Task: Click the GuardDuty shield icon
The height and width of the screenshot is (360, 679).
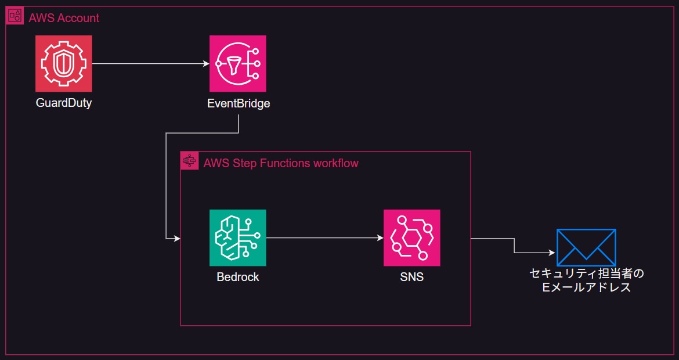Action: click(63, 63)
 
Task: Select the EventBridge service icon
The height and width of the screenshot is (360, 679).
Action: click(237, 63)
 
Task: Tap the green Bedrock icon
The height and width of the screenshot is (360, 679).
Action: click(237, 237)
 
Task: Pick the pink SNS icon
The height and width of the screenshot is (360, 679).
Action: click(411, 237)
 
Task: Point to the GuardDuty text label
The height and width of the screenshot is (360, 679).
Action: click(63, 104)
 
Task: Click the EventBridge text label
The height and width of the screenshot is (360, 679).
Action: click(239, 104)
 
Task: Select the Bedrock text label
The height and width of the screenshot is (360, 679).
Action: click(237, 277)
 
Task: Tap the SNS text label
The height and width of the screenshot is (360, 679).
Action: click(411, 277)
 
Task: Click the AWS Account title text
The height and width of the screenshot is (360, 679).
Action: click(64, 18)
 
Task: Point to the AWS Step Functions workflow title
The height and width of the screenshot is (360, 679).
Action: click(281, 163)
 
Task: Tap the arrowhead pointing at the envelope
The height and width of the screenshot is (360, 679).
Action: click(551, 253)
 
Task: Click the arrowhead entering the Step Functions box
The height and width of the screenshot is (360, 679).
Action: click(176, 238)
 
